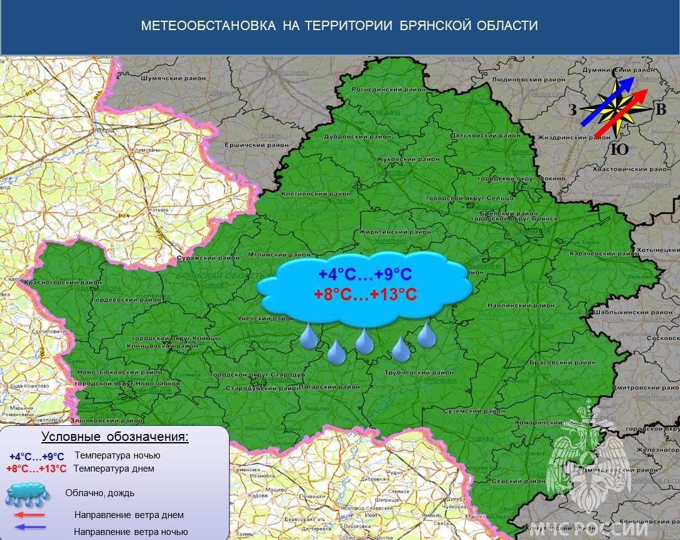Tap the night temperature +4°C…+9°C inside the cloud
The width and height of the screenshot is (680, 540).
coord(364,275)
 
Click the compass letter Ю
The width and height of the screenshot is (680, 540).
coord(619,149)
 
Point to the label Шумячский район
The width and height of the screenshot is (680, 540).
coord(173,79)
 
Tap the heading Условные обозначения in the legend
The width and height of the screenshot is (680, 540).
coord(115,437)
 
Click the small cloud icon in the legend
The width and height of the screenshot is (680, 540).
coord(28,494)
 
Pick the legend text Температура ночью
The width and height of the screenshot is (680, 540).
coord(117,455)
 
